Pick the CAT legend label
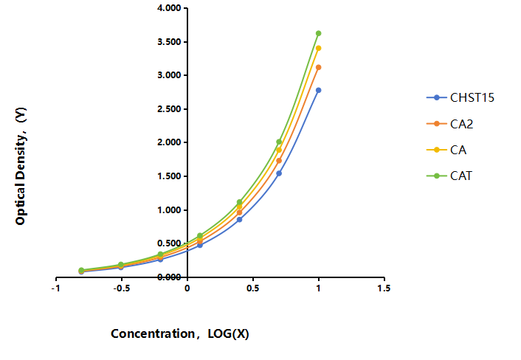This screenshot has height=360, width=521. click(x=461, y=176)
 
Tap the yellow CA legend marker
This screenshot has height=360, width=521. click(x=437, y=150)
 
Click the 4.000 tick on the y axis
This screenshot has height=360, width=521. click(x=169, y=8)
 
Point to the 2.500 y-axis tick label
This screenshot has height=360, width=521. click(x=169, y=109)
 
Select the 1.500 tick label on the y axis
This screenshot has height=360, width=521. click(x=169, y=176)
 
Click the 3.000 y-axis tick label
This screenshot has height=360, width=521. click(x=169, y=75)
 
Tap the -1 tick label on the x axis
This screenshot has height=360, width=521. click(x=56, y=288)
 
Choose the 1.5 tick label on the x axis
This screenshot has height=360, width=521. click(x=384, y=288)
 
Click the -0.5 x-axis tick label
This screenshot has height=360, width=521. click(x=122, y=288)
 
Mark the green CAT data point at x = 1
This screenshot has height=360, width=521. click(x=318, y=33)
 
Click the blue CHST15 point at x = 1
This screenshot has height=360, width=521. click(x=318, y=90)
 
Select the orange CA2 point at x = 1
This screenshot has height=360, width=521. click(x=318, y=67)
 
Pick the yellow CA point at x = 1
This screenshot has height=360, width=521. click(x=318, y=48)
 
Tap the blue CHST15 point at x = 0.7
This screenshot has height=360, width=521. click(x=279, y=173)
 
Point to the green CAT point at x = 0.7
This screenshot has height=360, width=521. click(x=279, y=142)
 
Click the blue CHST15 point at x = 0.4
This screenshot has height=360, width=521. click(x=239, y=220)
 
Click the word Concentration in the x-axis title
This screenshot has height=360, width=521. click(x=153, y=333)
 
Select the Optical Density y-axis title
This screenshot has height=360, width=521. click(x=21, y=166)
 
